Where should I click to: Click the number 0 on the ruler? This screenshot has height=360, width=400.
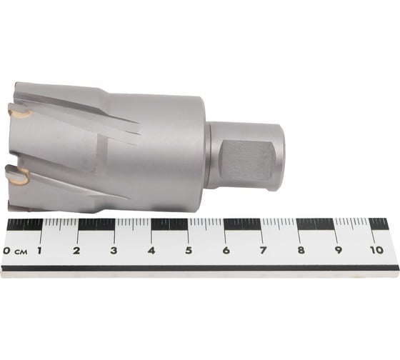coord(7,251)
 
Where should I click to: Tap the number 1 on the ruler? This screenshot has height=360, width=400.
coord(39,250)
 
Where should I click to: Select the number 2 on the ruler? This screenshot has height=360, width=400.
coord(76,250)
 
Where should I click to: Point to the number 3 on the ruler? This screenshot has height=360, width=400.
coord(114,250)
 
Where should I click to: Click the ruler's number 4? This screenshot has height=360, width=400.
coord(151,250)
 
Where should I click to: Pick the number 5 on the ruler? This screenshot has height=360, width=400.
coord(189,250)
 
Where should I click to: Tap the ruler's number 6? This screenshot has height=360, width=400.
coord(226,250)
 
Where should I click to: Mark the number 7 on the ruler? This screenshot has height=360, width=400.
coord(263,250)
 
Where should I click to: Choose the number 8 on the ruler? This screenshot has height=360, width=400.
coord(301,250)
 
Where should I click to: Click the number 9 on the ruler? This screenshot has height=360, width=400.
coord(339,250)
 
